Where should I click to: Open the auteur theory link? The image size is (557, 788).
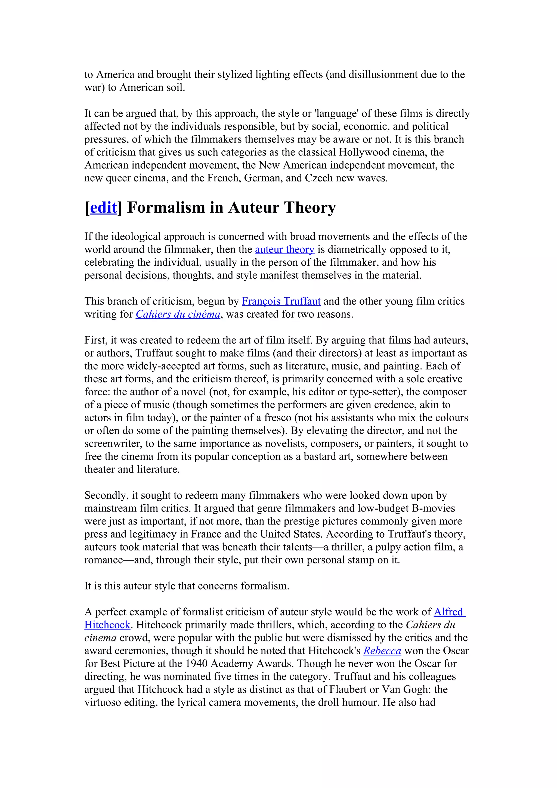tap(284, 250)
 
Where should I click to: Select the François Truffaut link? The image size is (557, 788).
tap(281, 301)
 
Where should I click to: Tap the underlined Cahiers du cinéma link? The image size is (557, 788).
tap(178, 314)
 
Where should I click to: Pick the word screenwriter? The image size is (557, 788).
tap(113, 444)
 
